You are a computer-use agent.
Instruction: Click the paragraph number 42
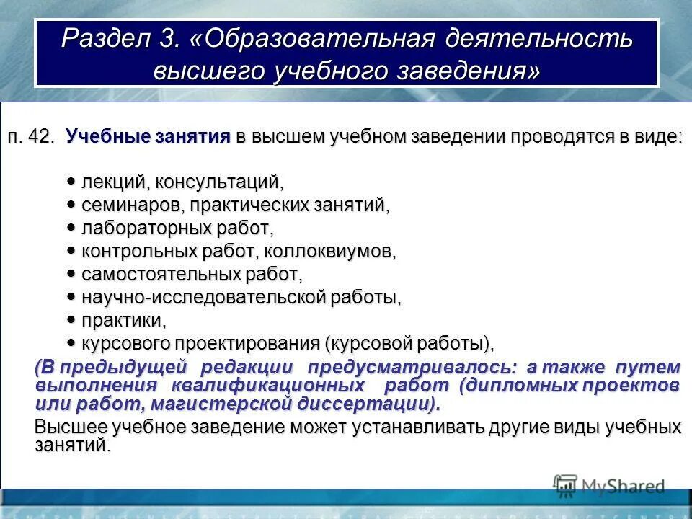point(43,137)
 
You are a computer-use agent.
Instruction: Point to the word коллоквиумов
point(329,252)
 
